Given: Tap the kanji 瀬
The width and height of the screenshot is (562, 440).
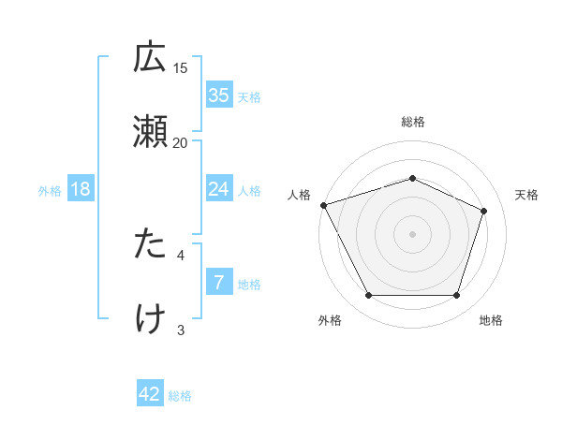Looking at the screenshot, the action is [150, 133].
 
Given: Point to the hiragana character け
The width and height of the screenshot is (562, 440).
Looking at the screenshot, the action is [150, 318].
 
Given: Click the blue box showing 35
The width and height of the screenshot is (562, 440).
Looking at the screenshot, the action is [219, 95].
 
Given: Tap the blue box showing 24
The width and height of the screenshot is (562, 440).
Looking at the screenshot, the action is [219, 190].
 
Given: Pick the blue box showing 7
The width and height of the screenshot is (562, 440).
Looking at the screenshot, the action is [219, 283].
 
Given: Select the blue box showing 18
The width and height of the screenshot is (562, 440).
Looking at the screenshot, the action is [81, 190].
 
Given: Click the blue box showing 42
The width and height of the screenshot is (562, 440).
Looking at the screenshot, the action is [150, 394].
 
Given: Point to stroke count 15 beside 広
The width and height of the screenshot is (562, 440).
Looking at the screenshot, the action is [181, 67].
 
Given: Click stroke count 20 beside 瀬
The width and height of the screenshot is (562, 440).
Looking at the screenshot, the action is [181, 142].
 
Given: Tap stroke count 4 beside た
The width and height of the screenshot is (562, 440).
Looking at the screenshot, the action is [181, 253].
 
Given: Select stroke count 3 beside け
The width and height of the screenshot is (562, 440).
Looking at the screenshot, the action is [181, 328].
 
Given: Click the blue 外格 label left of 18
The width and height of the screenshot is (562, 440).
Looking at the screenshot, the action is [50, 191].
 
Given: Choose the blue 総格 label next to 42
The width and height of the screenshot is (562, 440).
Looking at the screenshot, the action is [180, 396].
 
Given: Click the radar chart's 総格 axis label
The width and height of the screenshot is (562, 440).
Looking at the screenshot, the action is [412, 122].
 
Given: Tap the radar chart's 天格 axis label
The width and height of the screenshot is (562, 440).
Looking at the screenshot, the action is [526, 195].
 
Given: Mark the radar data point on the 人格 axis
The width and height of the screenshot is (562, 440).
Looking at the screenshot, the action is [323, 205].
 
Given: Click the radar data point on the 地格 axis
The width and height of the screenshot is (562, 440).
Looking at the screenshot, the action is [456, 296].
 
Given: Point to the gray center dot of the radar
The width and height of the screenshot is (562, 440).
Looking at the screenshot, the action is [412, 234].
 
